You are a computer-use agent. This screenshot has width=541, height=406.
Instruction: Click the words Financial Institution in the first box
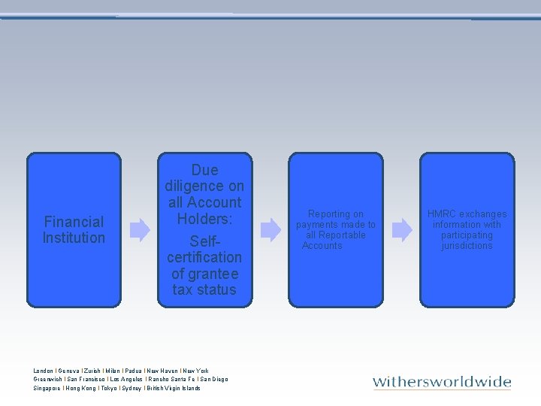tap(74, 229)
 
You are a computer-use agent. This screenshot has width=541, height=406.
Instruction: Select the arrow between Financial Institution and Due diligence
tap(140, 230)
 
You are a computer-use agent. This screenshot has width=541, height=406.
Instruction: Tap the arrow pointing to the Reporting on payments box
tap(270, 230)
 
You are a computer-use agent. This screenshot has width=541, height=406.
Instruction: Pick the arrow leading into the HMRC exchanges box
tap(402, 230)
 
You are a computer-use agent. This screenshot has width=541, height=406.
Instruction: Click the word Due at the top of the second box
tap(204, 170)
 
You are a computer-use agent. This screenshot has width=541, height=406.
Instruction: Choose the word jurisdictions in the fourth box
tap(467, 246)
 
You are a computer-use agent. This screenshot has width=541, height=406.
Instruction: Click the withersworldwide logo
tap(442, 382)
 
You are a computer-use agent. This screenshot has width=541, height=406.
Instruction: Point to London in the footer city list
tap(44, 371)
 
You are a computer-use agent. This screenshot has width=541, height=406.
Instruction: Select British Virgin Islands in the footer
tap(174, 388)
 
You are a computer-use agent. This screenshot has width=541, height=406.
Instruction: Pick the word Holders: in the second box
tap(204, 219)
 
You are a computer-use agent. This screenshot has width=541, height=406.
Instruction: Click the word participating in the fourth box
tap(467, 235)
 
